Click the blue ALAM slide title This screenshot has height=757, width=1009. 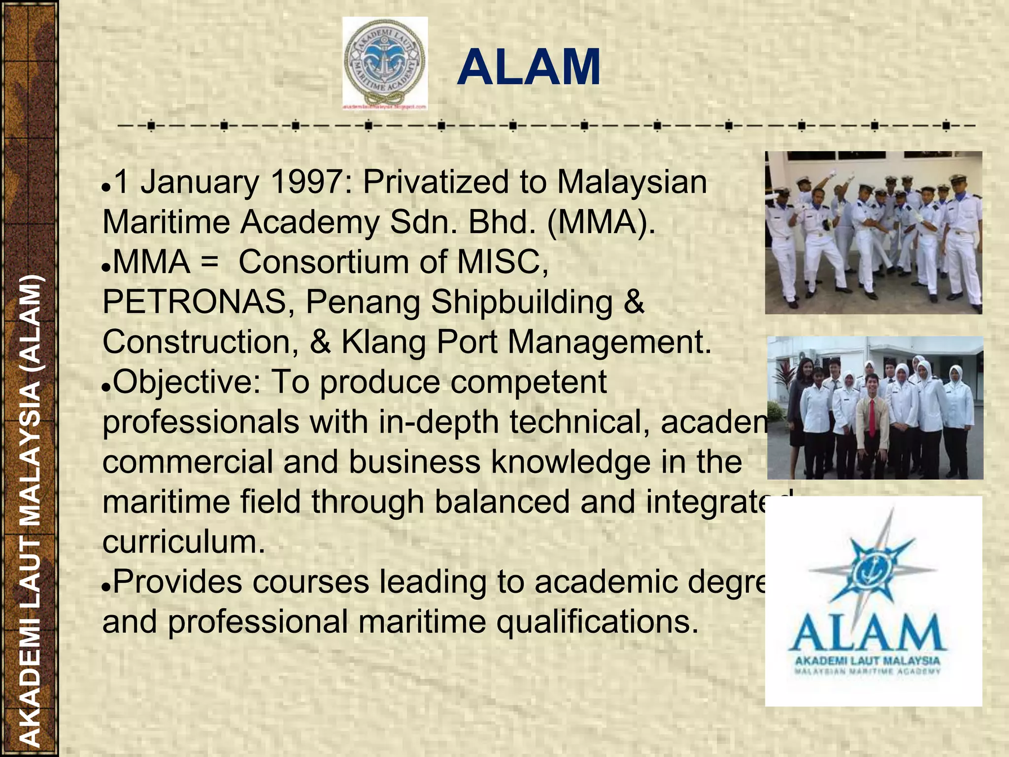click(x=529, y=68)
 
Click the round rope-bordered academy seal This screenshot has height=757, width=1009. click(x=385, y=63)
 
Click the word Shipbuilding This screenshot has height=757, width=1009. click(x=522, y=302)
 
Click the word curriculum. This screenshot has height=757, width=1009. click(x=183, y=542)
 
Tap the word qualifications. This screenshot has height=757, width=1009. click(x=597, y=622)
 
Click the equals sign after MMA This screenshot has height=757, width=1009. click(x=209, y=262)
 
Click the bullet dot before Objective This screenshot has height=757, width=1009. click(x=106, y=388)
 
